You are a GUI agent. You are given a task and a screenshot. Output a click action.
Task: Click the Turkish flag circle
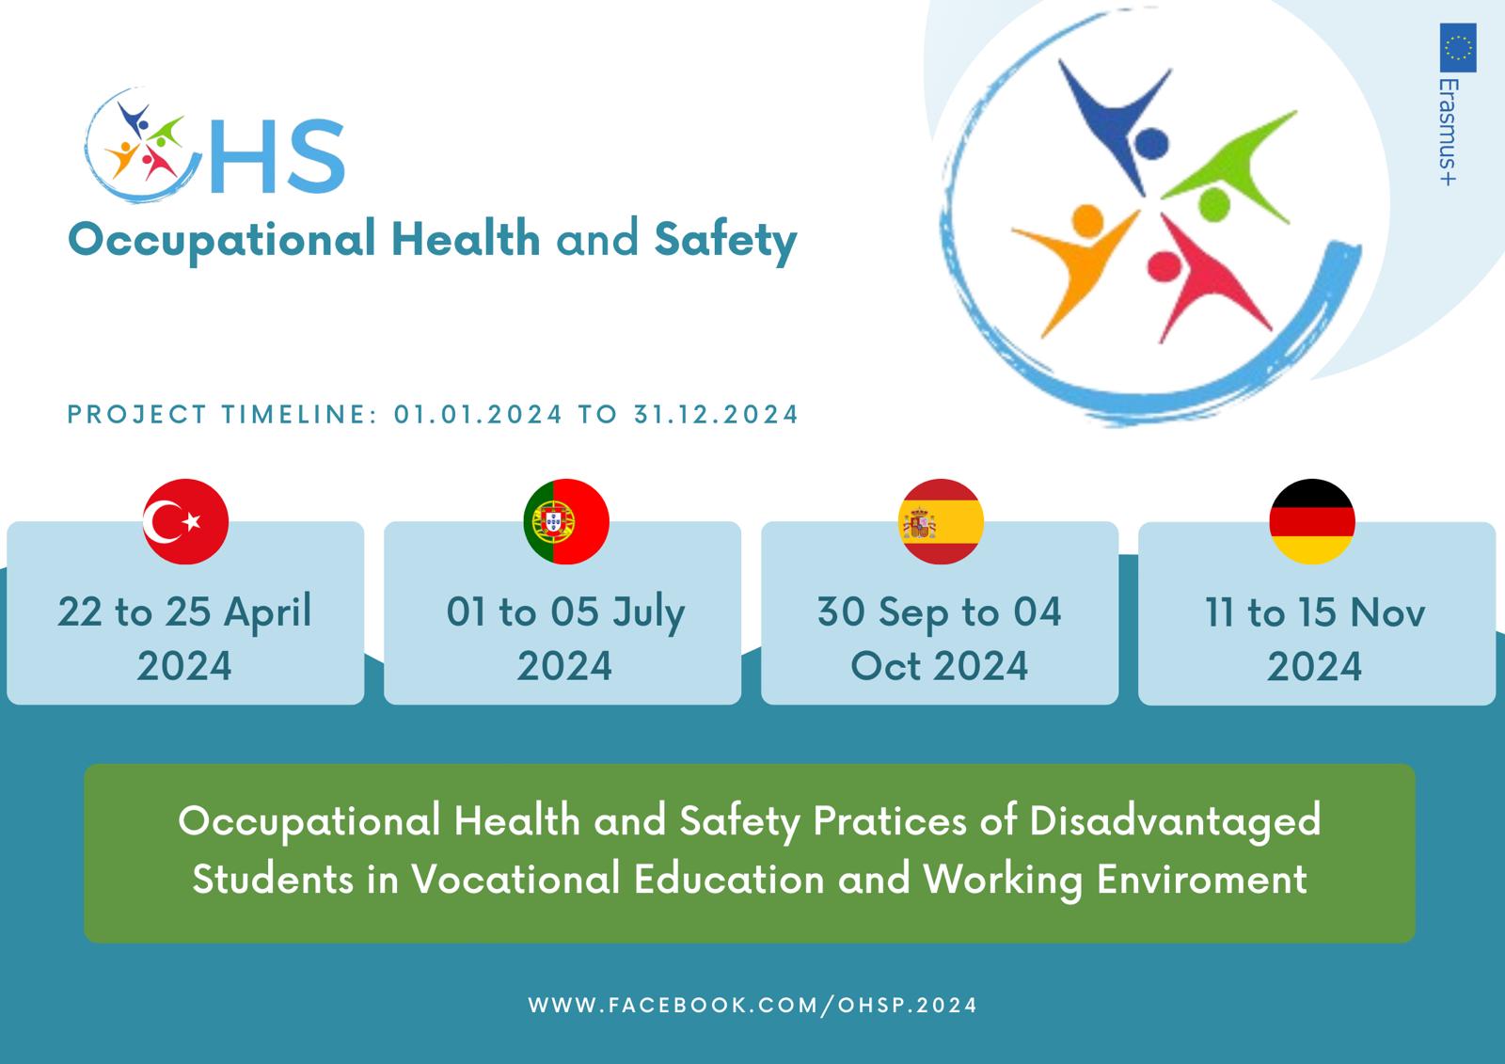coord(185,521)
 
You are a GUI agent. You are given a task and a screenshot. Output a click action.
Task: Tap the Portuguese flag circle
coord(566,521)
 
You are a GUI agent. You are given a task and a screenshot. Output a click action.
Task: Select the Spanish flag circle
coord(941,521)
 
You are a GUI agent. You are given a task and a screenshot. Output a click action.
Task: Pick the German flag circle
coord(1312,521)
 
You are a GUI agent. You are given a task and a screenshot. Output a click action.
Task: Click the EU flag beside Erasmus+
coord(1458,48)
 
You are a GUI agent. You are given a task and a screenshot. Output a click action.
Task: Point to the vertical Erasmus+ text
coord(1449,132)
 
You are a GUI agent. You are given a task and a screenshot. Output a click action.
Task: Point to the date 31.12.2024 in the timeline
coord(716,415)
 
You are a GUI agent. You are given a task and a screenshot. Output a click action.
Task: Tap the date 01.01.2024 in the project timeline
coord(478,415)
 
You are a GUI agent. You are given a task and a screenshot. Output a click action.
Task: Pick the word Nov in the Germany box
coord(1387,613)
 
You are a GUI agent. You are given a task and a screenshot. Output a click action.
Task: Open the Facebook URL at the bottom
coord(752,1006)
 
